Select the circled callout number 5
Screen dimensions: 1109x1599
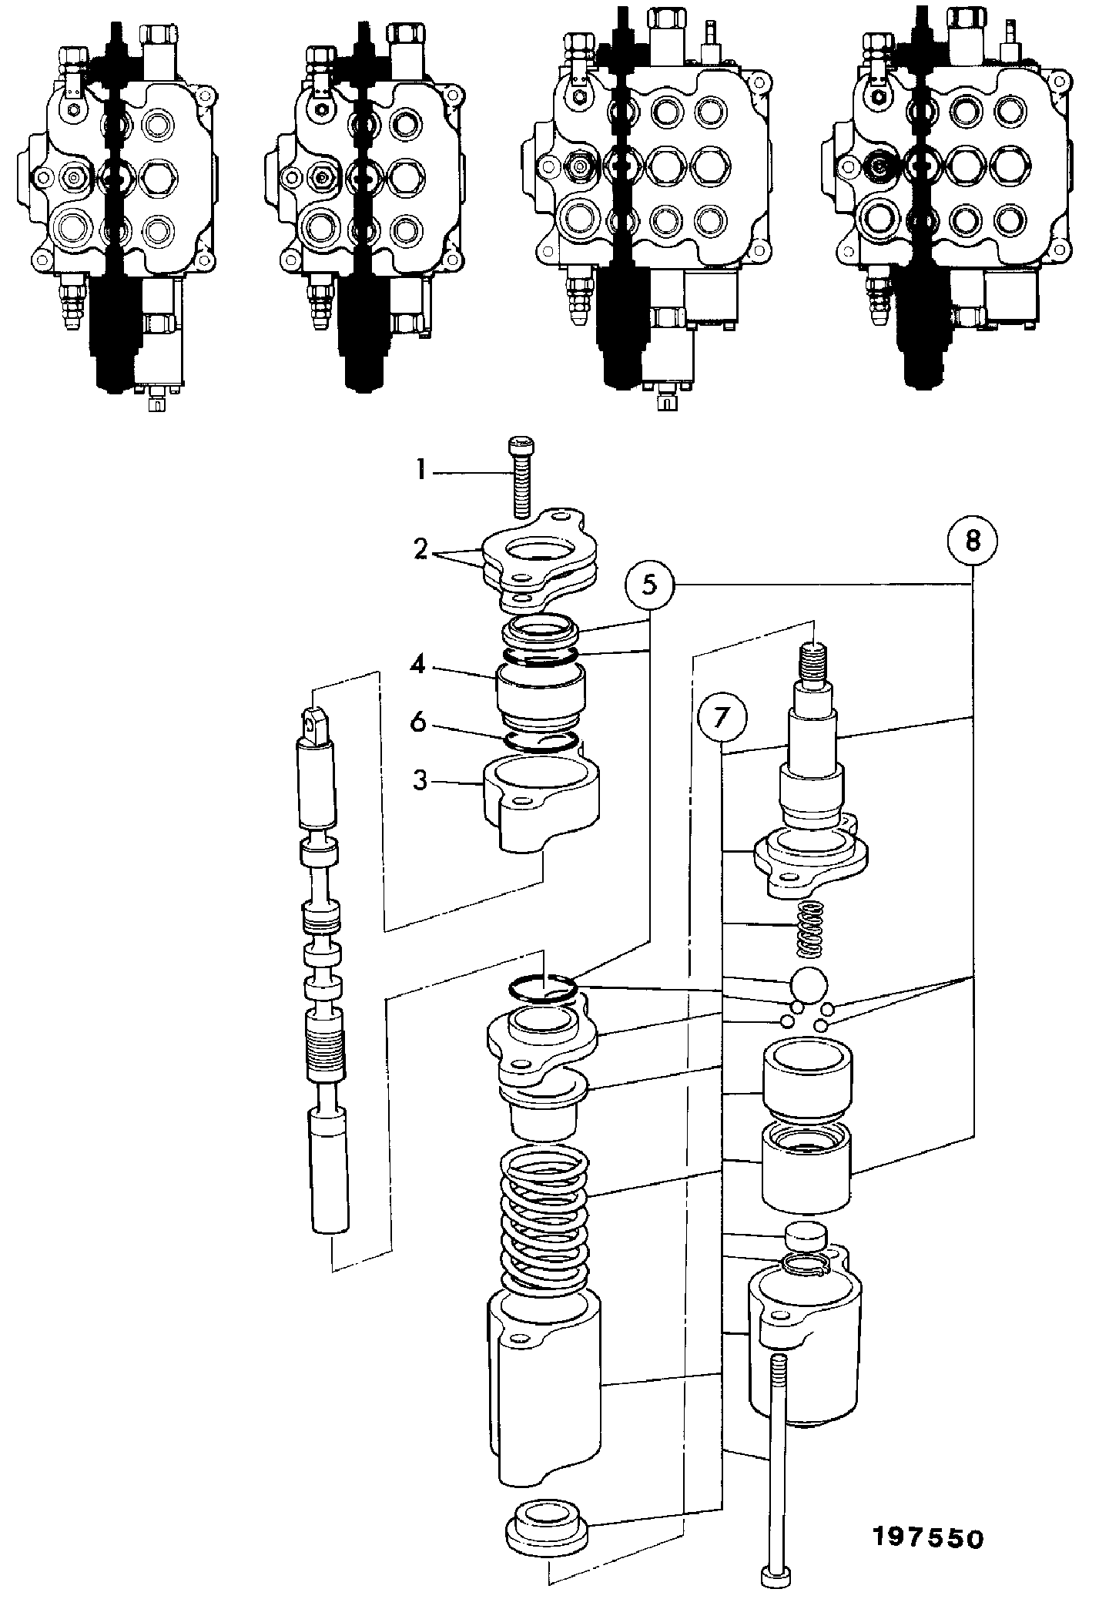click(x=650, y=585)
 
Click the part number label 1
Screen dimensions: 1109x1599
click(x=420, y=470)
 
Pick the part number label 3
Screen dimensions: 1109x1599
click(x=420, y=781)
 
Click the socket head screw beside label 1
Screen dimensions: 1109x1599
click(x=520, y=478)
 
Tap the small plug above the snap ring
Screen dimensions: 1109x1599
click(x=806, y=1239)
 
